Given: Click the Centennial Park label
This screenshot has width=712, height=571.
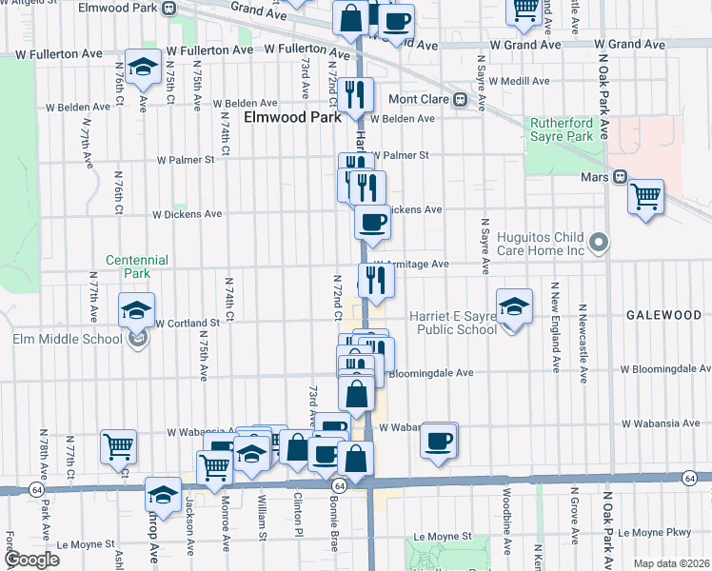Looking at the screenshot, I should pos(137,266).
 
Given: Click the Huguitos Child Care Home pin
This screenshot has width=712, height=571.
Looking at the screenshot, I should pos(598,243).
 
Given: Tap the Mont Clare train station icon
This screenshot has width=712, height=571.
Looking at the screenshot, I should pos(460,99).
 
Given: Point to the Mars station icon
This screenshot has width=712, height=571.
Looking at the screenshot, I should pos(620,176).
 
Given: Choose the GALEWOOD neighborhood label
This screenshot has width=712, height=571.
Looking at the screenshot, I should pos(663,314).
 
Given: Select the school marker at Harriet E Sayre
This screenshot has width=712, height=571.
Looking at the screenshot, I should pos(514,307).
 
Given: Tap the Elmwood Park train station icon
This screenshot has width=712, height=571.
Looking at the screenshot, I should pos(168,9).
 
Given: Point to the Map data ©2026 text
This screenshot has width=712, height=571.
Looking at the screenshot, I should pos(671,564).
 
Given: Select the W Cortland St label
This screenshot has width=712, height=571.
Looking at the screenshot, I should pos(188,323).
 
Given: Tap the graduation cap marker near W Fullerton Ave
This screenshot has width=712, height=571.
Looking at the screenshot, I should pos(143,68).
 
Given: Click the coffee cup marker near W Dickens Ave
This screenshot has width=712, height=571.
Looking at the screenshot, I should pos(372,223).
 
